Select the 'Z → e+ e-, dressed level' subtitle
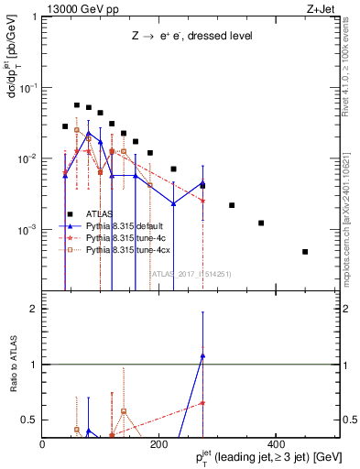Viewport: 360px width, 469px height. pyautogui.click(x=191, y=37)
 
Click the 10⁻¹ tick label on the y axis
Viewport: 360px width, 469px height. pyautogui.click(x=27, y=88)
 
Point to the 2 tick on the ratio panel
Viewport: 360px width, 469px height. pyautogui.click(x=33, y=309)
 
